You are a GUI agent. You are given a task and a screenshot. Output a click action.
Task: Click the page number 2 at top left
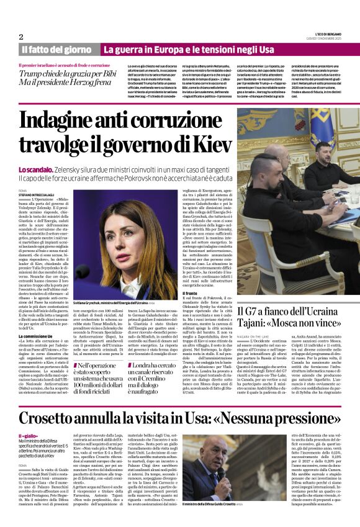(x=21, y=37)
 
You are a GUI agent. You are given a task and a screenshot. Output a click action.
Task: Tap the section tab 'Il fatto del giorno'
(x=57, y=49)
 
